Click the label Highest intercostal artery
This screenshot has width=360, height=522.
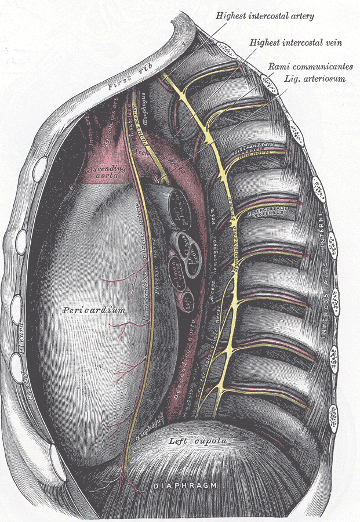264,16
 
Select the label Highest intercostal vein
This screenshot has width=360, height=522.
296,43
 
